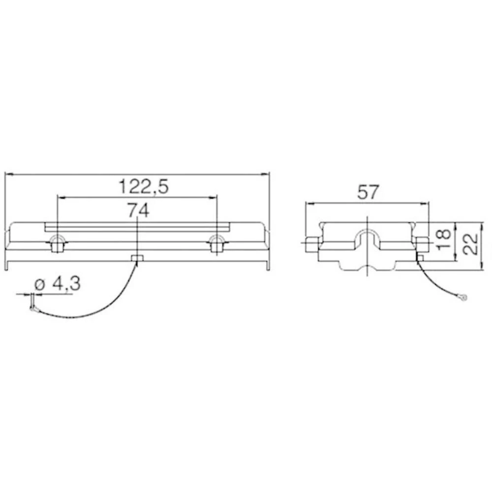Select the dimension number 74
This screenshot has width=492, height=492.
pyautogui.click(x=138, y=210)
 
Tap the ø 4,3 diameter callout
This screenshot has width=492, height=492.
pyautogui.click(x=58, y=284)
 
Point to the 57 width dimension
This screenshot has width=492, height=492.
pyautogui.click(x=368, y=192)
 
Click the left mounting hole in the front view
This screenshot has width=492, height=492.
pyautogui.click(x=58, y=243)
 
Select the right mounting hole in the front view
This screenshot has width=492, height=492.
pyautogui.click(x=216, y=243)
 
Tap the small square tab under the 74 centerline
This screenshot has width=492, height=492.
pyautogui.click(x=137, y=259)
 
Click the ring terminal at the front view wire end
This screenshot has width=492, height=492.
pyautogui.click(x=32, y=309)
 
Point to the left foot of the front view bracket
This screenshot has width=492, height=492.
pyautogui.click(x=7, y=265)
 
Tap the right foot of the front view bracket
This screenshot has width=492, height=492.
pyautogui.click(x=268, y=265)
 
